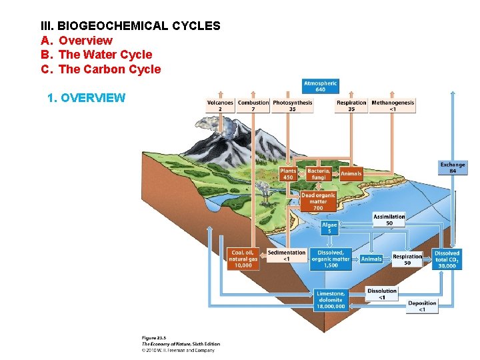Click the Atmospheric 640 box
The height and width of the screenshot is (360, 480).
point(321,86)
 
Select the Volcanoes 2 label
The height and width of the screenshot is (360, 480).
point(220,105)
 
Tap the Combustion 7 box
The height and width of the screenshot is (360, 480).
point(253,105)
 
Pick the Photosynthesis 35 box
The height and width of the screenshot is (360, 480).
point(292,105)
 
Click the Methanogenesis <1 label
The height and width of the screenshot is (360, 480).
point(393,105)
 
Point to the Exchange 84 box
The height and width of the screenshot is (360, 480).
point(453,167)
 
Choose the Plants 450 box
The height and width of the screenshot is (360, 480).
point(288,174)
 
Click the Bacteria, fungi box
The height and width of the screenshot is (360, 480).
point(319,174)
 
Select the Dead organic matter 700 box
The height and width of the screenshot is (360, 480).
point(318,201)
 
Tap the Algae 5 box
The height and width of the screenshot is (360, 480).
point(329,228)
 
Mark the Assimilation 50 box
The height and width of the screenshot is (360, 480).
point(389,219)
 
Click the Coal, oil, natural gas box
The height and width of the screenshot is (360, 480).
point(243,259)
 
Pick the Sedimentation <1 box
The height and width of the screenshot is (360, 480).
point(287,255)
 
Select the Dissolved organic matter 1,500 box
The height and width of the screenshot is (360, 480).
point(331,259)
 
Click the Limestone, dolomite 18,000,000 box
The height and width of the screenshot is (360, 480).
point(330,300)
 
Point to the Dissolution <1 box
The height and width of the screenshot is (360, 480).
point(382,293)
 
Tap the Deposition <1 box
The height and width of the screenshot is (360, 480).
point(422,306)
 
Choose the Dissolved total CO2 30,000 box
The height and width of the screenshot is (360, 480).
point(447,259)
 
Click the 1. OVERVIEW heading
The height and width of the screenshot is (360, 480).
point(87,98)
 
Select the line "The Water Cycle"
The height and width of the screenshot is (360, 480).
point(105,55)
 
